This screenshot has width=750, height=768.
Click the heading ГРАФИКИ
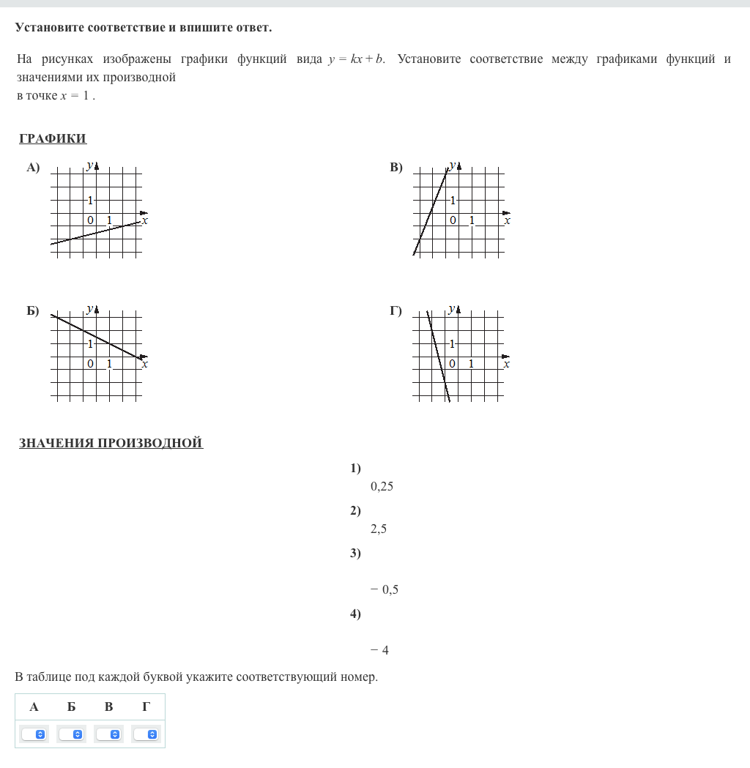point(53,139)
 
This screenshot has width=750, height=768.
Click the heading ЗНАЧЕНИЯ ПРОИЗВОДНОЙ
point(111,443)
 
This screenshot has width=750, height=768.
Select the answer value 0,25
point(382,486)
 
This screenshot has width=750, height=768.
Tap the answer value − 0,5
point(385,589)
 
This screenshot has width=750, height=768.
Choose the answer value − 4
point(379,650)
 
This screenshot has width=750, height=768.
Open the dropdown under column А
point(34,734)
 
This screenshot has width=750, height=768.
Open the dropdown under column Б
point(72,734)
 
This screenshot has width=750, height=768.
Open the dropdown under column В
point(109,734)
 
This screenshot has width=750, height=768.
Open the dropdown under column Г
point(146,734)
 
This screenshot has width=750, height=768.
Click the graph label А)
point(33,168)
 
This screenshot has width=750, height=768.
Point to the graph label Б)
point(33,311)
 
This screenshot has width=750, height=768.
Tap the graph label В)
point(396,168)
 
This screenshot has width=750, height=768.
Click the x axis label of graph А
point(145,220)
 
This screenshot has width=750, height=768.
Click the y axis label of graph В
point(452,165)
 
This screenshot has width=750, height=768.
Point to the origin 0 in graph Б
point(90,364)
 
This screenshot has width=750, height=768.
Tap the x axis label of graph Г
point(507,364)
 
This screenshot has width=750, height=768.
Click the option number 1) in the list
point(355,469)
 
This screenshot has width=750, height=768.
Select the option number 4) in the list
point(355,614)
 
